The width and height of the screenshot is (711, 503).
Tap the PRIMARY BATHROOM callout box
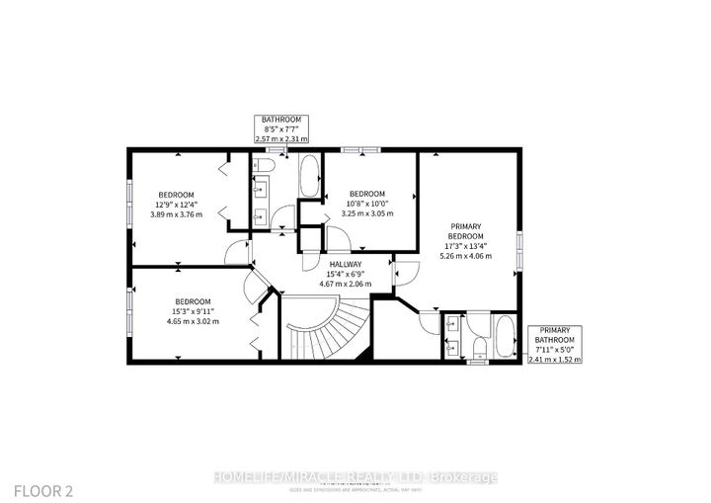coord(555,343)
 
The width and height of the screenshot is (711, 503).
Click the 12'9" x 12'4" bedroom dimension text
coord(176,205)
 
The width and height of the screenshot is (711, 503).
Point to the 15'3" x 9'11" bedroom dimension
coord(193,311)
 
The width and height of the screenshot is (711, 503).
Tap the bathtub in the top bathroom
coord(308,177)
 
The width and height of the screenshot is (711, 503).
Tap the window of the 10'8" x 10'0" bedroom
coord(360,150)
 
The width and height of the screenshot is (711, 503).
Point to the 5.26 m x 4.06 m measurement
coord(465,255)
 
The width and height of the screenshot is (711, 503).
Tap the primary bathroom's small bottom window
coord(479,363)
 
